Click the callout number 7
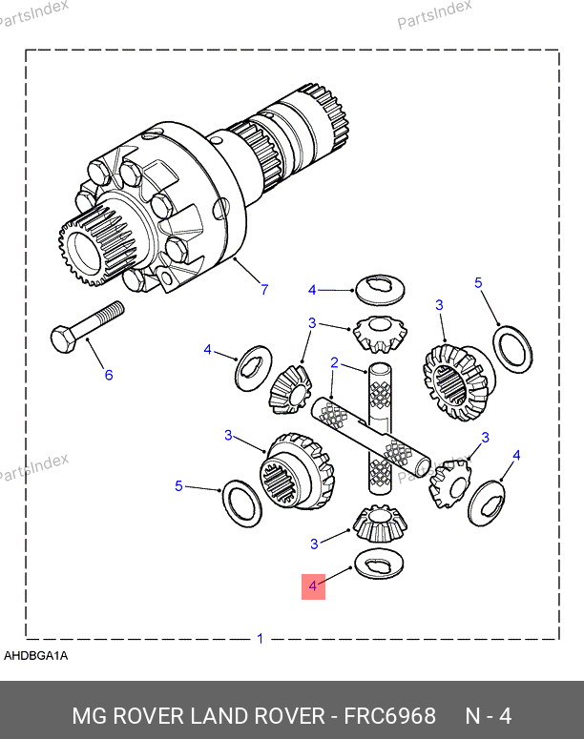pyautogui.click(x=264, y=289)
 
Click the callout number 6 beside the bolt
pyautogui.click(x=109, y=375)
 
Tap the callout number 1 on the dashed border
pyautogui.click(x=260, y=639)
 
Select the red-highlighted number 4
pyautogui.click(x=313, y=586)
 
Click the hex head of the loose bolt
pyautogui.click(x=64, y=339)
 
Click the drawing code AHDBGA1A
pyautogui.click(x=36, y=656)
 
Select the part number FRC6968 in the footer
pyautogui.click(x=389, y=716)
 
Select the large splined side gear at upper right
pyautogui.click(x=458, y=381)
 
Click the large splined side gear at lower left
pyautogui.click(x=297, y=471)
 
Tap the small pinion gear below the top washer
pyautogui.click(x=380, y=334)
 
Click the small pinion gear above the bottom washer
pyautogui.click(x=380, y=523)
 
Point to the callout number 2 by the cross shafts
pyautogui.click(x=334, y=362)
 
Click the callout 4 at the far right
pyautogui.click(x=516, y=455)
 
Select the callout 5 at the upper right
pyautogui.click(x=478, y=282)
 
